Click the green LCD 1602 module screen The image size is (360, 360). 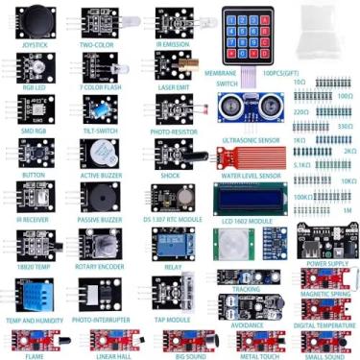click(x=247, y=200)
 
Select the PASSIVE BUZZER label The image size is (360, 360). click(x=100, y=219)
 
